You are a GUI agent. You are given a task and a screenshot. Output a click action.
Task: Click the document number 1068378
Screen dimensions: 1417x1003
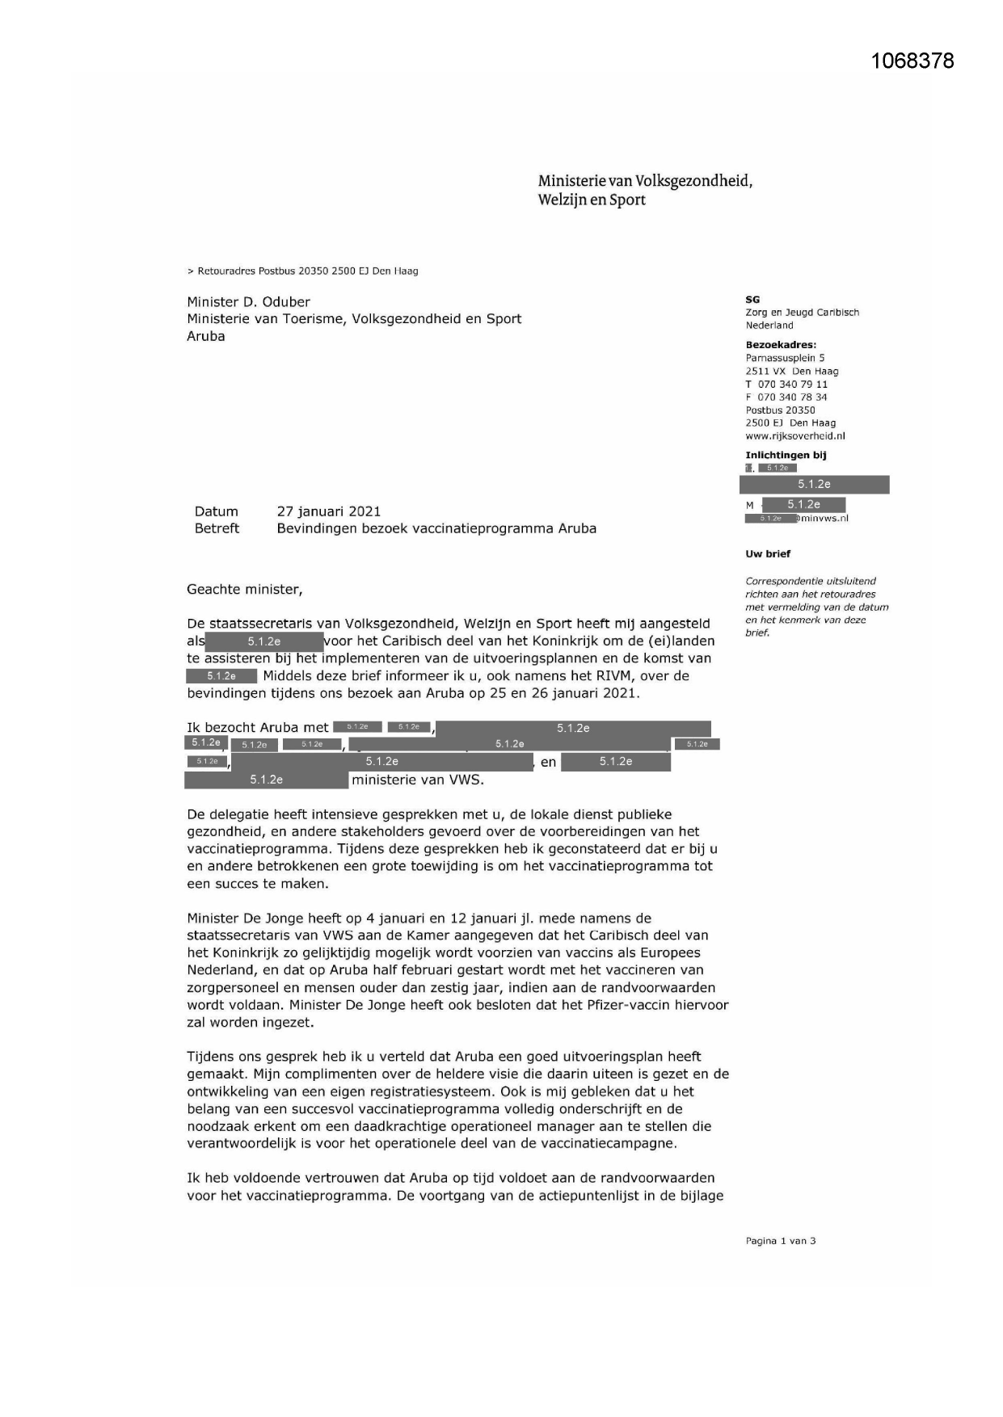(912, 61)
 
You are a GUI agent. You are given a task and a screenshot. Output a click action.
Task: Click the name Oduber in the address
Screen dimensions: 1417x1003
(284, 302)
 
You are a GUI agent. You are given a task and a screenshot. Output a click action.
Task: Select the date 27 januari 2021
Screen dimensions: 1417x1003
(328, 511)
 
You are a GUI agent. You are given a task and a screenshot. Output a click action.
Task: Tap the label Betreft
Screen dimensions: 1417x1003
(217, 528)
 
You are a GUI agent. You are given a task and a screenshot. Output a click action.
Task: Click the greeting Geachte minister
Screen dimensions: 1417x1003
(244, 590)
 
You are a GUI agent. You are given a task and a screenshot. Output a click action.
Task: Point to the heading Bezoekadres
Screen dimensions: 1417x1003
(780, 345)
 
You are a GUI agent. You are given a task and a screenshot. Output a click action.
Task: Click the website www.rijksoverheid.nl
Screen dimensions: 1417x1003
(794, 436)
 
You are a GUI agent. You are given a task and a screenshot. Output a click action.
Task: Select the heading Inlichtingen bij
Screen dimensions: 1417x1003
(785, 456)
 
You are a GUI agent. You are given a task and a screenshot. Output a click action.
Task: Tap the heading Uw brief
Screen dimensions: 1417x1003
(767, 554)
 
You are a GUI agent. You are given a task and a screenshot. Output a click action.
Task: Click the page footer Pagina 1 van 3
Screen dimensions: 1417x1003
(780, 1241)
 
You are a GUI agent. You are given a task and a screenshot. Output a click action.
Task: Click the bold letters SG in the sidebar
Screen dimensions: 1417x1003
(752, 300)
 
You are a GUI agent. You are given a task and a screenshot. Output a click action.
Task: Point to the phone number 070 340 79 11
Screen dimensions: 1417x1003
(792, 385)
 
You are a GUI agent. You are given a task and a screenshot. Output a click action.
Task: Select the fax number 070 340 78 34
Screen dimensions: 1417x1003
(792, 397)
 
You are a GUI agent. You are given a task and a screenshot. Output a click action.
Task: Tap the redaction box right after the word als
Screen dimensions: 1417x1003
(264, 641)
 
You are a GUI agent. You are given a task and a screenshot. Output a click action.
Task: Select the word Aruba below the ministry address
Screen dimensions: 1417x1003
(205, 337)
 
